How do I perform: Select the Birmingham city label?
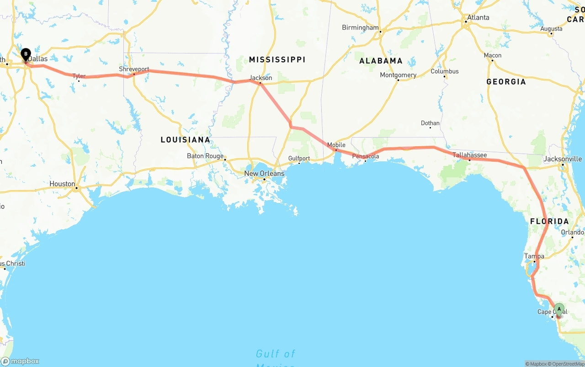click(360, 27)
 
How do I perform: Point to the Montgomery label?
click(398, 75)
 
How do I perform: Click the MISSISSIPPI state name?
click(277, 59)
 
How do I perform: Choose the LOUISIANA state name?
click(185, 139)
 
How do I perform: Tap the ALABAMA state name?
click(381, 60)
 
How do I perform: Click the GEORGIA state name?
click(506, 81)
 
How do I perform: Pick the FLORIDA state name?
click(549, 221)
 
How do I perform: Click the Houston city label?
click(62, 184)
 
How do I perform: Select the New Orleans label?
click(264, 173)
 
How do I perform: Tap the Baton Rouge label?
click(205, 156)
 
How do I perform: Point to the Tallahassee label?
click(469, 155)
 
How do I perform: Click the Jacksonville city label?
click(563, 159)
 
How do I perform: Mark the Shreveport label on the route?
click(134, 69)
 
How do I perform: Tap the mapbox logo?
click(20, 361)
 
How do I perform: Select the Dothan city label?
click(430, 123)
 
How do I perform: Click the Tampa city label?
click(534, 256)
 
